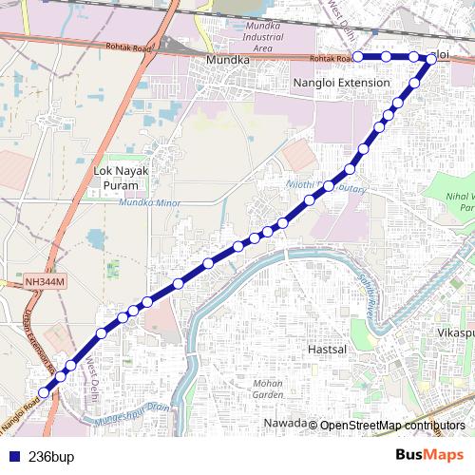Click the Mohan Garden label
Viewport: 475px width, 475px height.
[x=268, y=388]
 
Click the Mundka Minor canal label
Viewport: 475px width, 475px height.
[x=139, y=202]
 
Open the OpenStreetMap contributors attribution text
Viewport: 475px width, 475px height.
[x=392, y=425]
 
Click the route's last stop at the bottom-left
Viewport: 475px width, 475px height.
[x=43, y=392]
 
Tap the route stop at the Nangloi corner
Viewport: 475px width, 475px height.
[x=431, y=59]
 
